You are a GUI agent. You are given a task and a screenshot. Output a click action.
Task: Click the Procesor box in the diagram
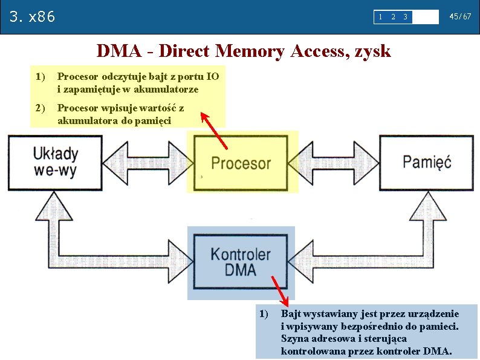click(241, 163)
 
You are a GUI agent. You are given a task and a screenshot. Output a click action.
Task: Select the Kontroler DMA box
click(241, 262)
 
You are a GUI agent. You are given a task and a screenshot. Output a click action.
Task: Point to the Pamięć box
click(427, 162)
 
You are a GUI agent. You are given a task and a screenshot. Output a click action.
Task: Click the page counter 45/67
click(460, 17)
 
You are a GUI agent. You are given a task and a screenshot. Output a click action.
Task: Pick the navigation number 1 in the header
click(380, 17)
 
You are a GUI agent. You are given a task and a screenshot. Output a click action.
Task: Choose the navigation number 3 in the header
click(405, 17)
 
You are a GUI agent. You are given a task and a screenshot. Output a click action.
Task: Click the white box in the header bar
click(426, 17)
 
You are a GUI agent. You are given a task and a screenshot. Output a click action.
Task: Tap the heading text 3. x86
click(33, 16)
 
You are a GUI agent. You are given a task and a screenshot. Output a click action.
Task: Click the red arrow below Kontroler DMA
click(279, 290)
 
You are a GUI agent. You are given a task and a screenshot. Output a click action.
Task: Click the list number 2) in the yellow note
click(41, 108)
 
